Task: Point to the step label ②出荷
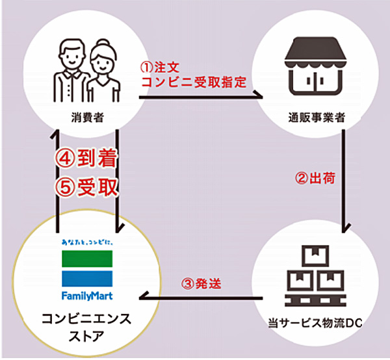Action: tap(315, 178)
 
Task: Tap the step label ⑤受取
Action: tap(87, 188)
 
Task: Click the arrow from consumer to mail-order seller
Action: tap(201, 97)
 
